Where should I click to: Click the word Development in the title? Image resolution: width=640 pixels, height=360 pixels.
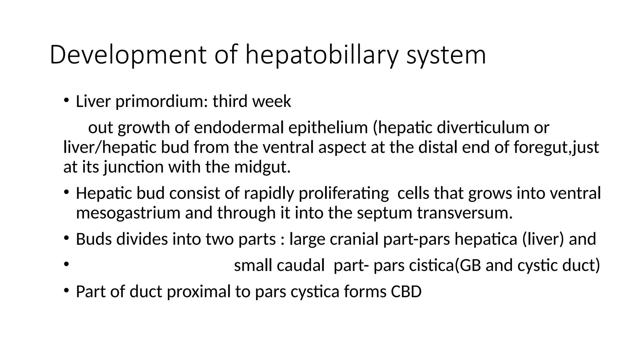(x=128, y=55)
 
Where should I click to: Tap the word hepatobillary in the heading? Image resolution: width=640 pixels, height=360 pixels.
(x=322, y=55)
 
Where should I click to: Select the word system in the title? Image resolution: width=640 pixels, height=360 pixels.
(x=446, y=55)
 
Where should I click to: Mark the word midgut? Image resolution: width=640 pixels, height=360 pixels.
(x=262, y=167)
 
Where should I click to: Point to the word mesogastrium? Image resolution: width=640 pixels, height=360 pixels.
(x=128, y=213)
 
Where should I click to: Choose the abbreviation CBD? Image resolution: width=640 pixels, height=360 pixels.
(x=406, y=292)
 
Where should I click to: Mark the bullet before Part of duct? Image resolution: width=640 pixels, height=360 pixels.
(x=66, y=291)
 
